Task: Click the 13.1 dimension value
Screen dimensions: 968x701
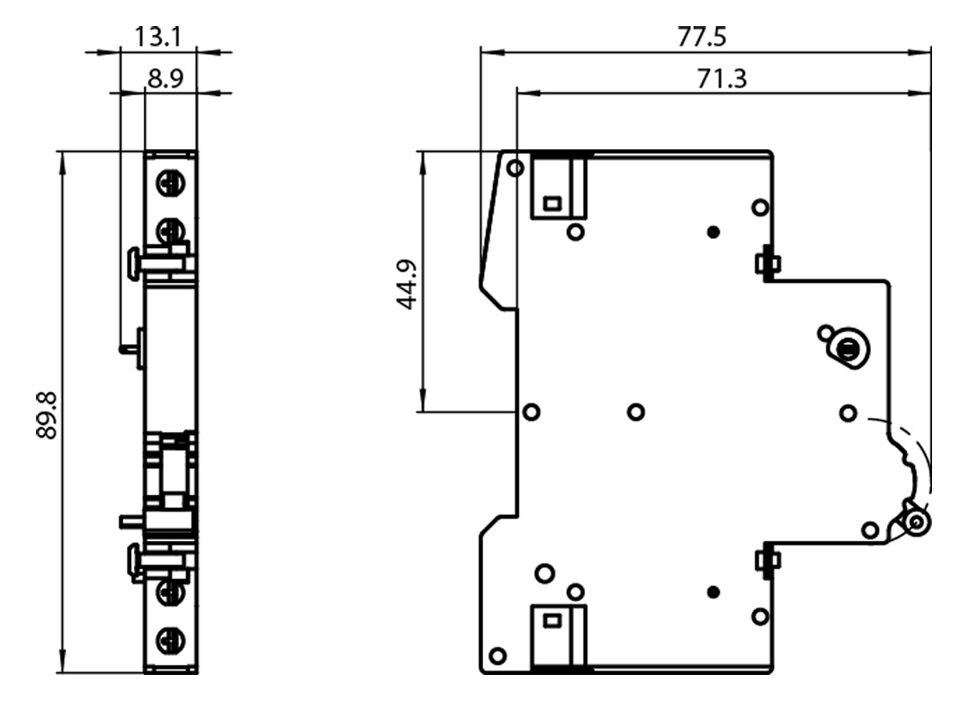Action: coord(158,37)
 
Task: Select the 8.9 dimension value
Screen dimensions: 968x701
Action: coord(166,79)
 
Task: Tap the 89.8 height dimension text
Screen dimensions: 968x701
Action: coord(47,415)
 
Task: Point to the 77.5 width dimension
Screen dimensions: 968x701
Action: coord(702,37)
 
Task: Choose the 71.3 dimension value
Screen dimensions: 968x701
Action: coord(722,79)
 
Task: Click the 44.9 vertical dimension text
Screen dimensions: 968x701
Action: coord(407,285)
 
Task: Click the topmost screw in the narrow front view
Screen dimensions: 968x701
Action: coord(169,183)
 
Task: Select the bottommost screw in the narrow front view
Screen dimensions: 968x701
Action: coord(169,640)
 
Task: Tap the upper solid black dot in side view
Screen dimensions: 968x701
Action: coord(713,232)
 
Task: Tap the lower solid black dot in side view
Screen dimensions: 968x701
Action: coord(713,592)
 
